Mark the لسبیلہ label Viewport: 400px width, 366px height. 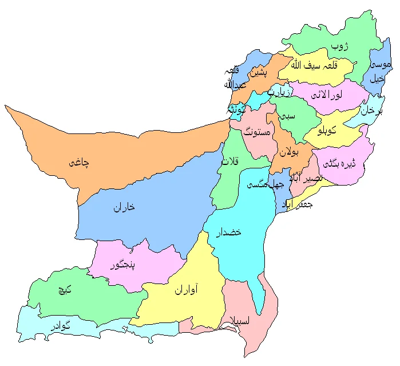(237, 320)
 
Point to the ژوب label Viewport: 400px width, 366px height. (340, 45)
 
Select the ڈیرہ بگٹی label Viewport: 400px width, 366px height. (339, 163)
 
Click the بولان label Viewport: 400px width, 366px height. (290, 152)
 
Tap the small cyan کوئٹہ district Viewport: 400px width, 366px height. (237, 110)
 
